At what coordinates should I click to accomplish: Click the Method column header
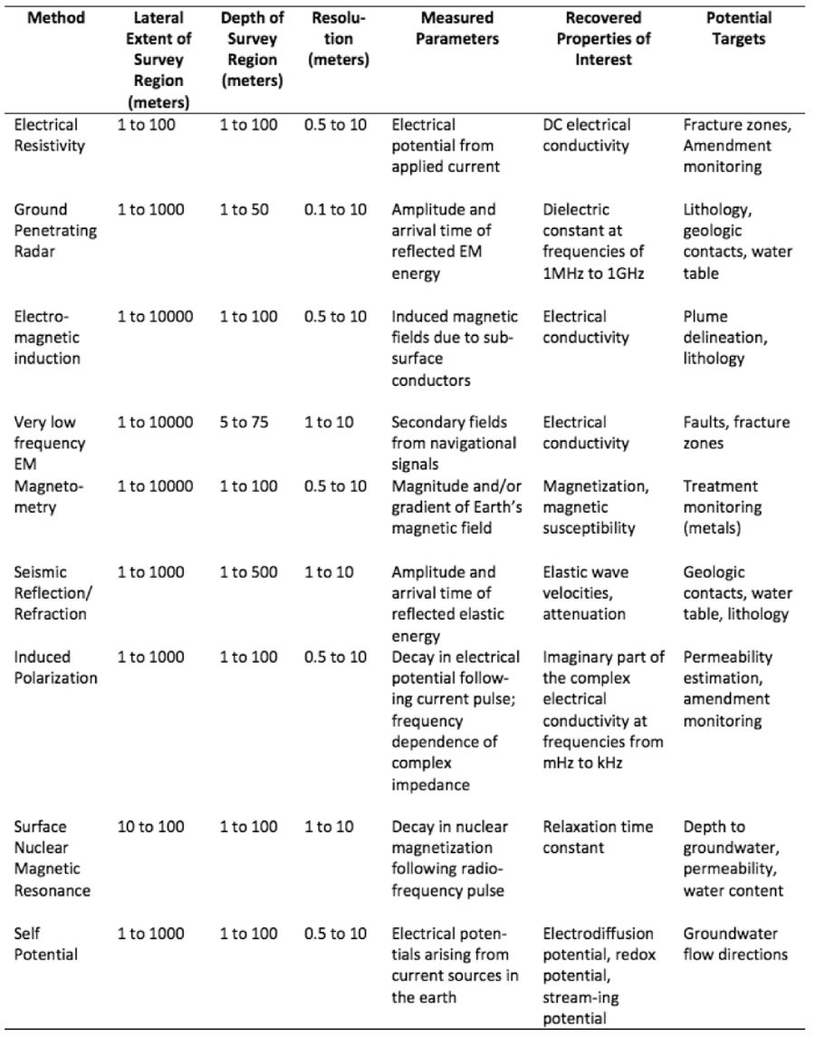[x=55, y=18]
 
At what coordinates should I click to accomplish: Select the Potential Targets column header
[x=739, y=29]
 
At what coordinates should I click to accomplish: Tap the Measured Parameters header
[x=445, y=29]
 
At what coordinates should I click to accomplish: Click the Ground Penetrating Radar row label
[x=54, y=230]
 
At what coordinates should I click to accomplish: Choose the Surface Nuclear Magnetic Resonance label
[x=52, y=859]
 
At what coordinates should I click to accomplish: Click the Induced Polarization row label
[x=55, y=667]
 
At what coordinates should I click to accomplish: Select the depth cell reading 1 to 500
[x=248, y=571]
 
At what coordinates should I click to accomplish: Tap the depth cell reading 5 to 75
[x=244, y=422]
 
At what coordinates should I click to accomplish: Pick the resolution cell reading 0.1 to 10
[x=336, y=209]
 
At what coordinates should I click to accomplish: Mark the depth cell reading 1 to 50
[x=244, y=209]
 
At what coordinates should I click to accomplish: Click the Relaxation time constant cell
[x=590, y=838]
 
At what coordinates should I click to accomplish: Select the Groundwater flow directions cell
[x=735, y=944]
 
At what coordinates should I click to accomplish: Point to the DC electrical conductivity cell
[x=587, y=135]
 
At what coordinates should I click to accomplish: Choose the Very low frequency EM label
[x=50, y=444]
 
